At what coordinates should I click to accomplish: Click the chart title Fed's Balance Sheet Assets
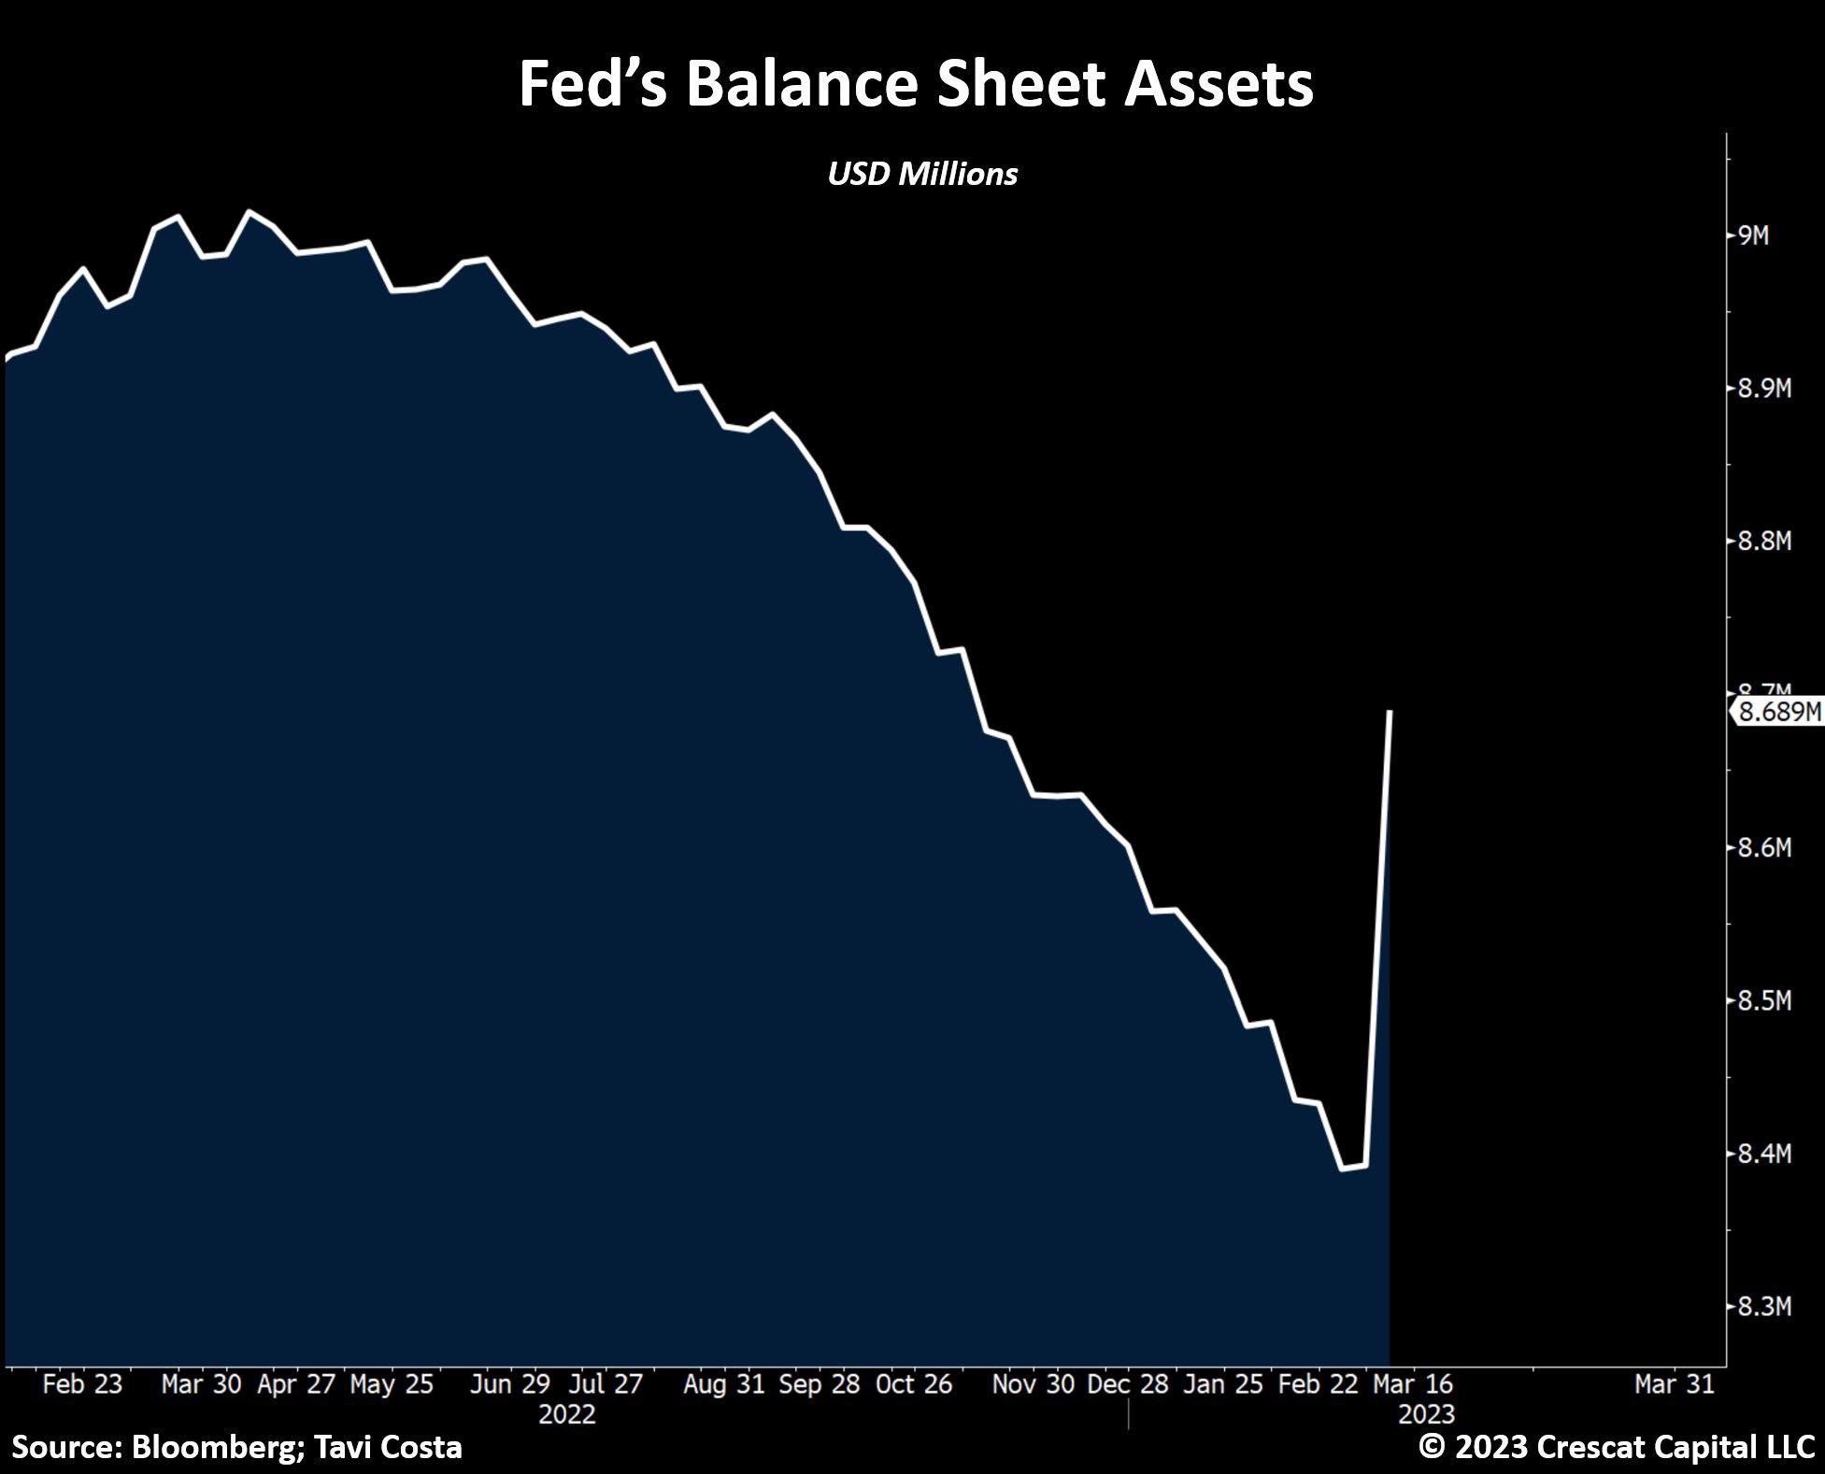point(916,84)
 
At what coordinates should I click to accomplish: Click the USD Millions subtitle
point(922,174)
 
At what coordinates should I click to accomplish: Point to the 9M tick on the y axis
point(1753,235)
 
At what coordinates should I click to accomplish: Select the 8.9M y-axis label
point(1764,389)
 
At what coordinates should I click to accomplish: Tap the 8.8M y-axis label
point(1764,541)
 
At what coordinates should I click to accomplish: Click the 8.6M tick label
point(1764,848)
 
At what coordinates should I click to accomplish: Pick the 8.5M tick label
point(1764,1001)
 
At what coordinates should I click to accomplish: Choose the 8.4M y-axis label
point(1764,1155)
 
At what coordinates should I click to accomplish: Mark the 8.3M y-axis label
point(1764,1307)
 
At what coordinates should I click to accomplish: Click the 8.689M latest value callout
point(1778,712)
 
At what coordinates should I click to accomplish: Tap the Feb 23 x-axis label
point(82,1384)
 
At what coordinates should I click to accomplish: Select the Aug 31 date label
point(723,1384)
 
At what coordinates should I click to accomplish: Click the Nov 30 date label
point(1033,1384)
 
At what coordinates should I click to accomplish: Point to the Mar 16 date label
point(1412,1384)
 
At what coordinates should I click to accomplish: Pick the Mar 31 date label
point(1675,1384)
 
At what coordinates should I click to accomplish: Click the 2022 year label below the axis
point(567,1414)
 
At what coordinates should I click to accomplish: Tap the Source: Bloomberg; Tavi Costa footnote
point(237,1447)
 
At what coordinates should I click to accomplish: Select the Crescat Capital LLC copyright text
point(1617,1447)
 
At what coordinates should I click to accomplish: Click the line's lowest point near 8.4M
point(1344,1169)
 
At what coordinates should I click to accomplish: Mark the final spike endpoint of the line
point(1390,712)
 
